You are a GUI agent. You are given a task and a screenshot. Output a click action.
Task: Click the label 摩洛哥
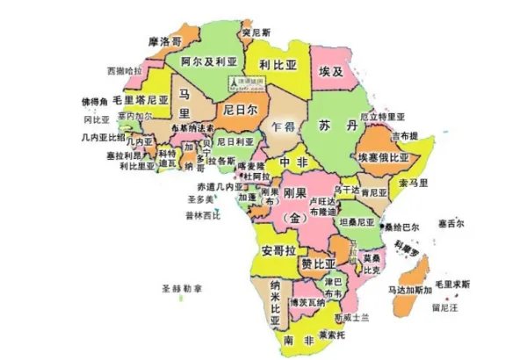pos(165,41)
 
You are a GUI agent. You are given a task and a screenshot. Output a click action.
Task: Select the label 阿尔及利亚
pos(209,62)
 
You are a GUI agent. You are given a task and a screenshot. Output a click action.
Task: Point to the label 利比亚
pos(279,64)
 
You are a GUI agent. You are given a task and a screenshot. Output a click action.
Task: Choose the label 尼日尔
pos(240,110)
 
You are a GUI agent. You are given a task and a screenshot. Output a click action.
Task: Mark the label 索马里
pos(413,183)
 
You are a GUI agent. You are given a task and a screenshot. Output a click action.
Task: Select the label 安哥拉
pos(278,250)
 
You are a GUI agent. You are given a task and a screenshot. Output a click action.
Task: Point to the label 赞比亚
pos(318,263)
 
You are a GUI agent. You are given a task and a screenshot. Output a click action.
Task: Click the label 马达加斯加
pos(409,289)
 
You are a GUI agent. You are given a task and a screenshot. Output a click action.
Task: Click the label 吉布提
pos(406,136)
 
